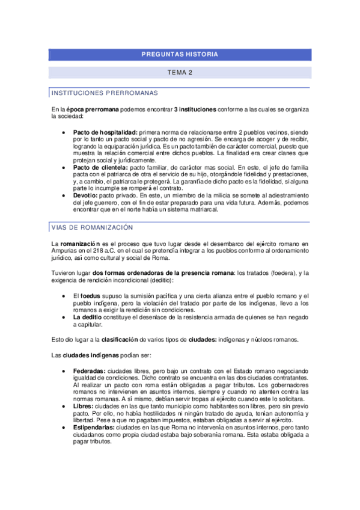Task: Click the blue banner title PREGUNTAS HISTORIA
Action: click(x=180, y=55)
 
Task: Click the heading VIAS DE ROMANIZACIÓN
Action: click(x=93, y=227)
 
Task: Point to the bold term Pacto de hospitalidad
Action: click(x=105, y=132)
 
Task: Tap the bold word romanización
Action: click(x=82, y=243)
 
